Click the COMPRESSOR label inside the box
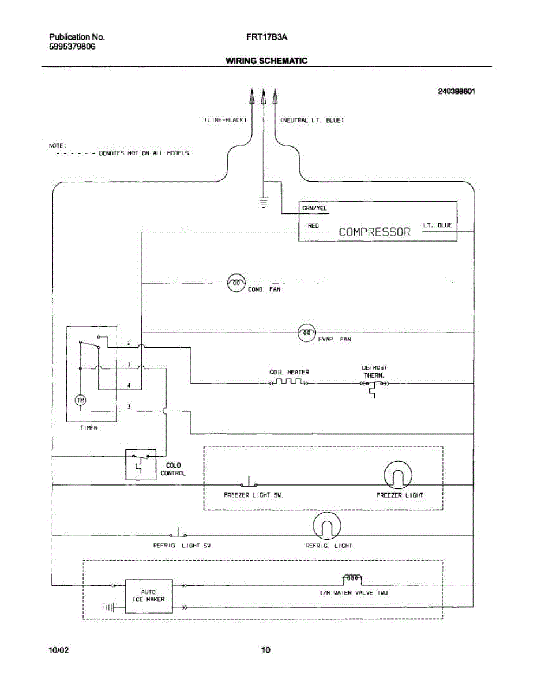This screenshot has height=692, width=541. [x=374, y=232]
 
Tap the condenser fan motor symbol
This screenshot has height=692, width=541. [x=236, y=283]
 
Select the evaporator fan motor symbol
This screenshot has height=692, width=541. [x=307, y=333]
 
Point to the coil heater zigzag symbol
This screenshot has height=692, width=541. [x=289, y=382]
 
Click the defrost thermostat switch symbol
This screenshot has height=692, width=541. [x=374, y=386]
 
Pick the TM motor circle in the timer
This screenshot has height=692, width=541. [x=80, y=400]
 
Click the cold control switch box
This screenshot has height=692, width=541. [x=141, y=465]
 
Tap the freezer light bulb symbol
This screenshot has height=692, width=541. [x=398, y=475]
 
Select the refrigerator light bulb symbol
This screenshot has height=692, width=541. [x=327, y=526]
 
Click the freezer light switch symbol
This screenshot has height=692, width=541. [x=249, y=483]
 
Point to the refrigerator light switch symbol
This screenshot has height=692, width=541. [x=178, y=533]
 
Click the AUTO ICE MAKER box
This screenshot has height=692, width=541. [x=149, y=596]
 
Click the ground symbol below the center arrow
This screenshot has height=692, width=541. [x=264, y=203]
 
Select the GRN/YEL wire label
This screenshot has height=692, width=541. [x=314, y=209]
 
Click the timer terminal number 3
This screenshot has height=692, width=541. [x=129, y=407]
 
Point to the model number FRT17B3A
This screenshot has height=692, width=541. [x=266, y=37]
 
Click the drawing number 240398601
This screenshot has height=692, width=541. [x=456, y=91]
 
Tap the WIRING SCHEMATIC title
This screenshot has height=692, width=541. [x=266, y=61]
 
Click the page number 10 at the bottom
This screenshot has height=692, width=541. [x=265, y=650]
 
